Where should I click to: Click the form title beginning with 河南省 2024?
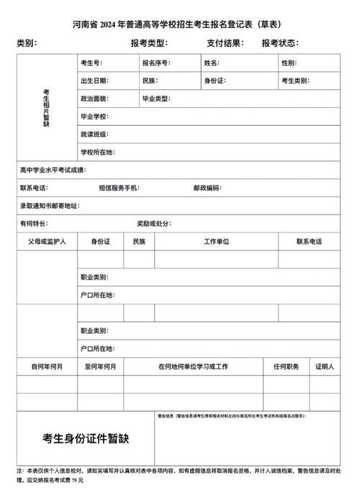[x=180, y=25]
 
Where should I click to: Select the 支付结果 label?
[x=225, y=44]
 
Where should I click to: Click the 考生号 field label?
[x=91, y=63]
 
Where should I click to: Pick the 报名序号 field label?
[x=156, y=63]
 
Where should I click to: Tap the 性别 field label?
[x=289, y=63]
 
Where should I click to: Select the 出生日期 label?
[x=94, y=81]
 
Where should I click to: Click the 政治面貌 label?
[x=94, y=99]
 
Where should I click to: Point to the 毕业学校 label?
[x=94, y=117]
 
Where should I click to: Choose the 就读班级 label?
[x=94, y=135]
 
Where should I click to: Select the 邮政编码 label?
[x=207, y=188]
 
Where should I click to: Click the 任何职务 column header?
[x=285, y=366]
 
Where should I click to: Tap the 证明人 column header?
[x=325, y=366]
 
